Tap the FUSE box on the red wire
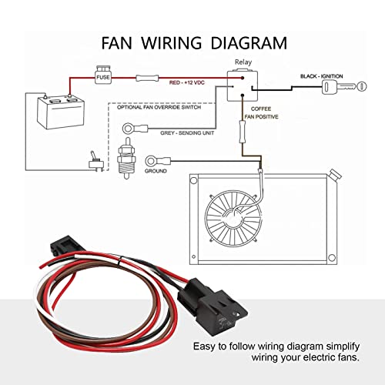click(x=103, y=78)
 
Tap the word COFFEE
click(x=260, y=109)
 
